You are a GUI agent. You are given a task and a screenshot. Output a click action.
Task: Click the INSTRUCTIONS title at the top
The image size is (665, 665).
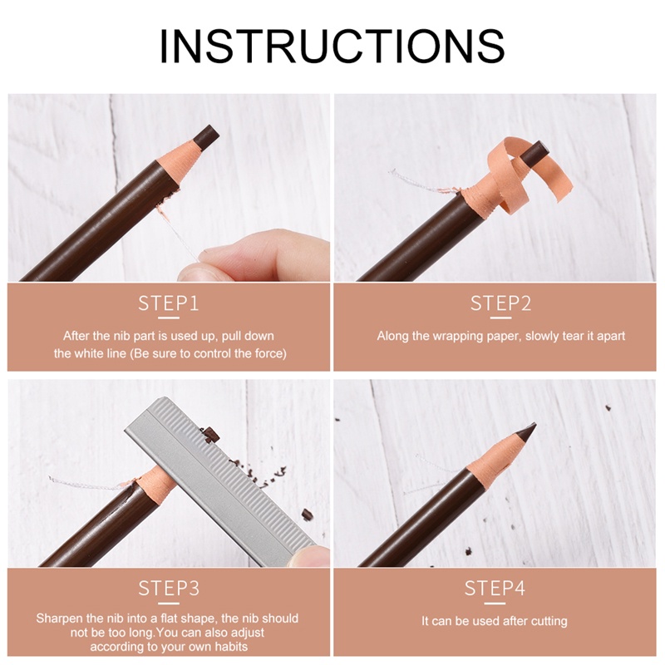pos(332,47)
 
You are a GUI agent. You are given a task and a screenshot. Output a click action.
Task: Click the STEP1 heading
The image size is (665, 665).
pos(169,303)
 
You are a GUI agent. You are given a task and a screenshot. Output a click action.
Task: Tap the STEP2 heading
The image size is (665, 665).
pos(500,303)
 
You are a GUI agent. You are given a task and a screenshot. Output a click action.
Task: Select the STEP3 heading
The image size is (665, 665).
pos(169,589)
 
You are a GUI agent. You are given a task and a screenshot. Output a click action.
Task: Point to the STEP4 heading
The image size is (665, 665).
pos(495,589)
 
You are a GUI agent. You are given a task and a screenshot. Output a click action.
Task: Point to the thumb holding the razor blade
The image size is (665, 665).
pos(308,555)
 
